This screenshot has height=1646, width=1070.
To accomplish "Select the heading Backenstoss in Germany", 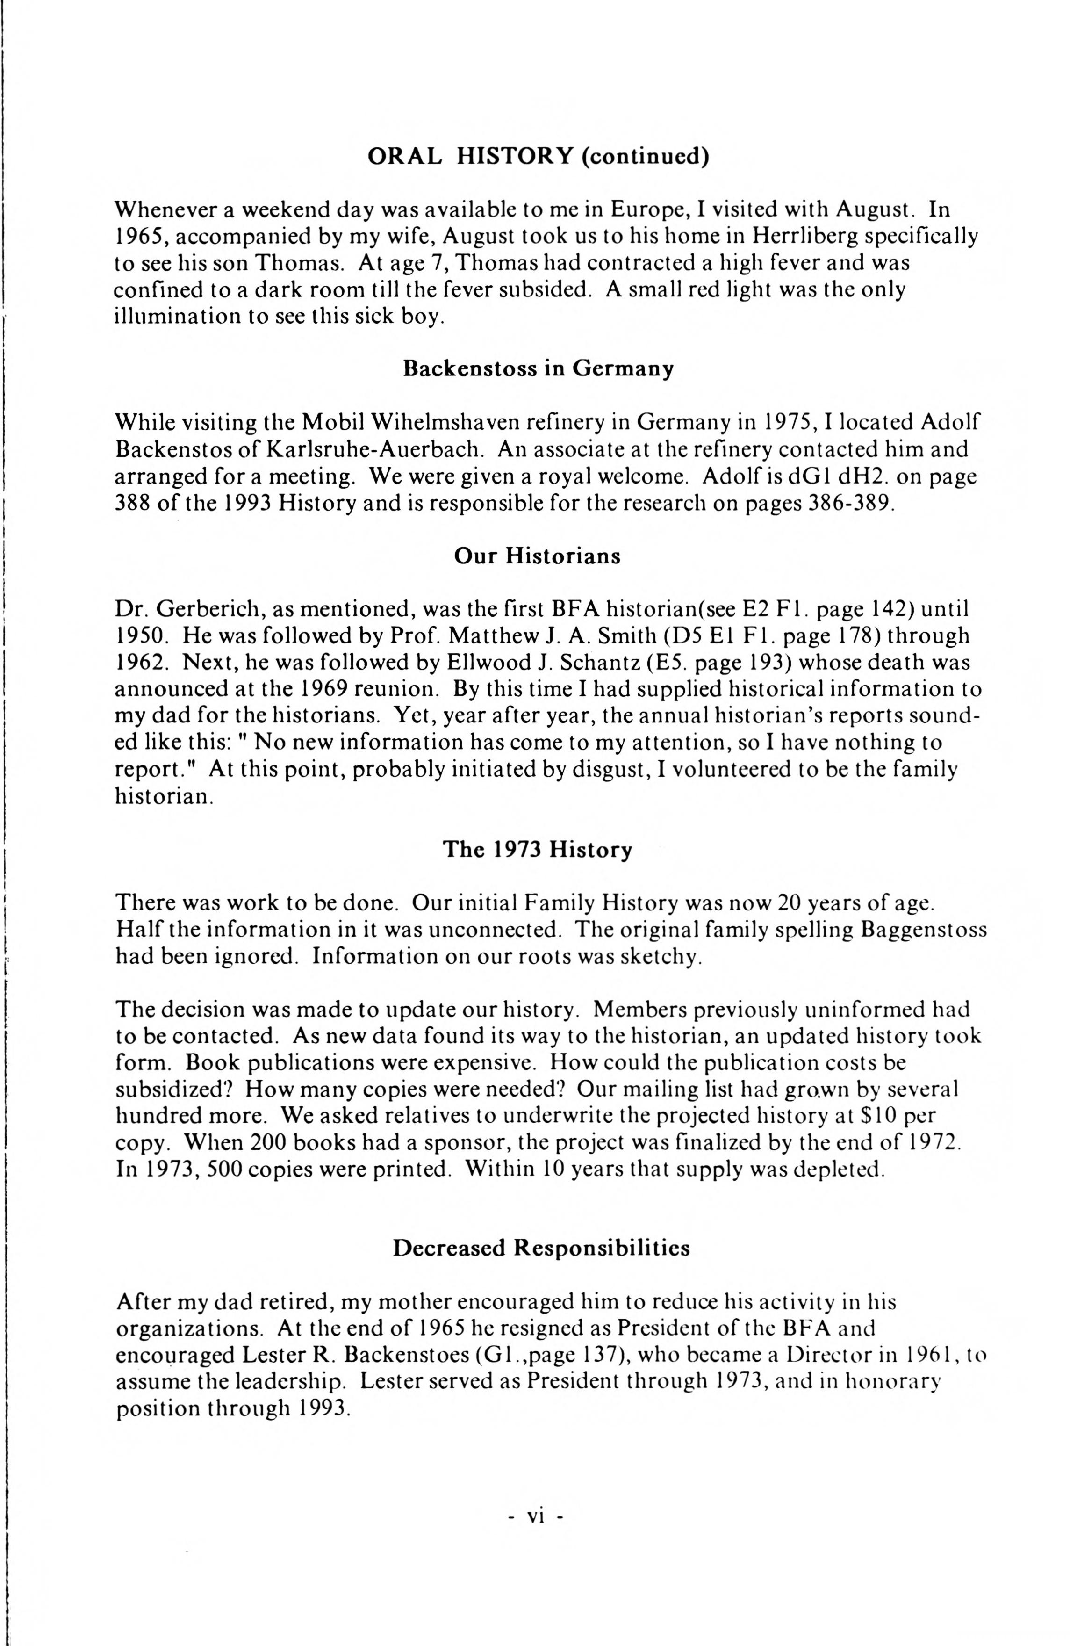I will [x=538, y=369].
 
